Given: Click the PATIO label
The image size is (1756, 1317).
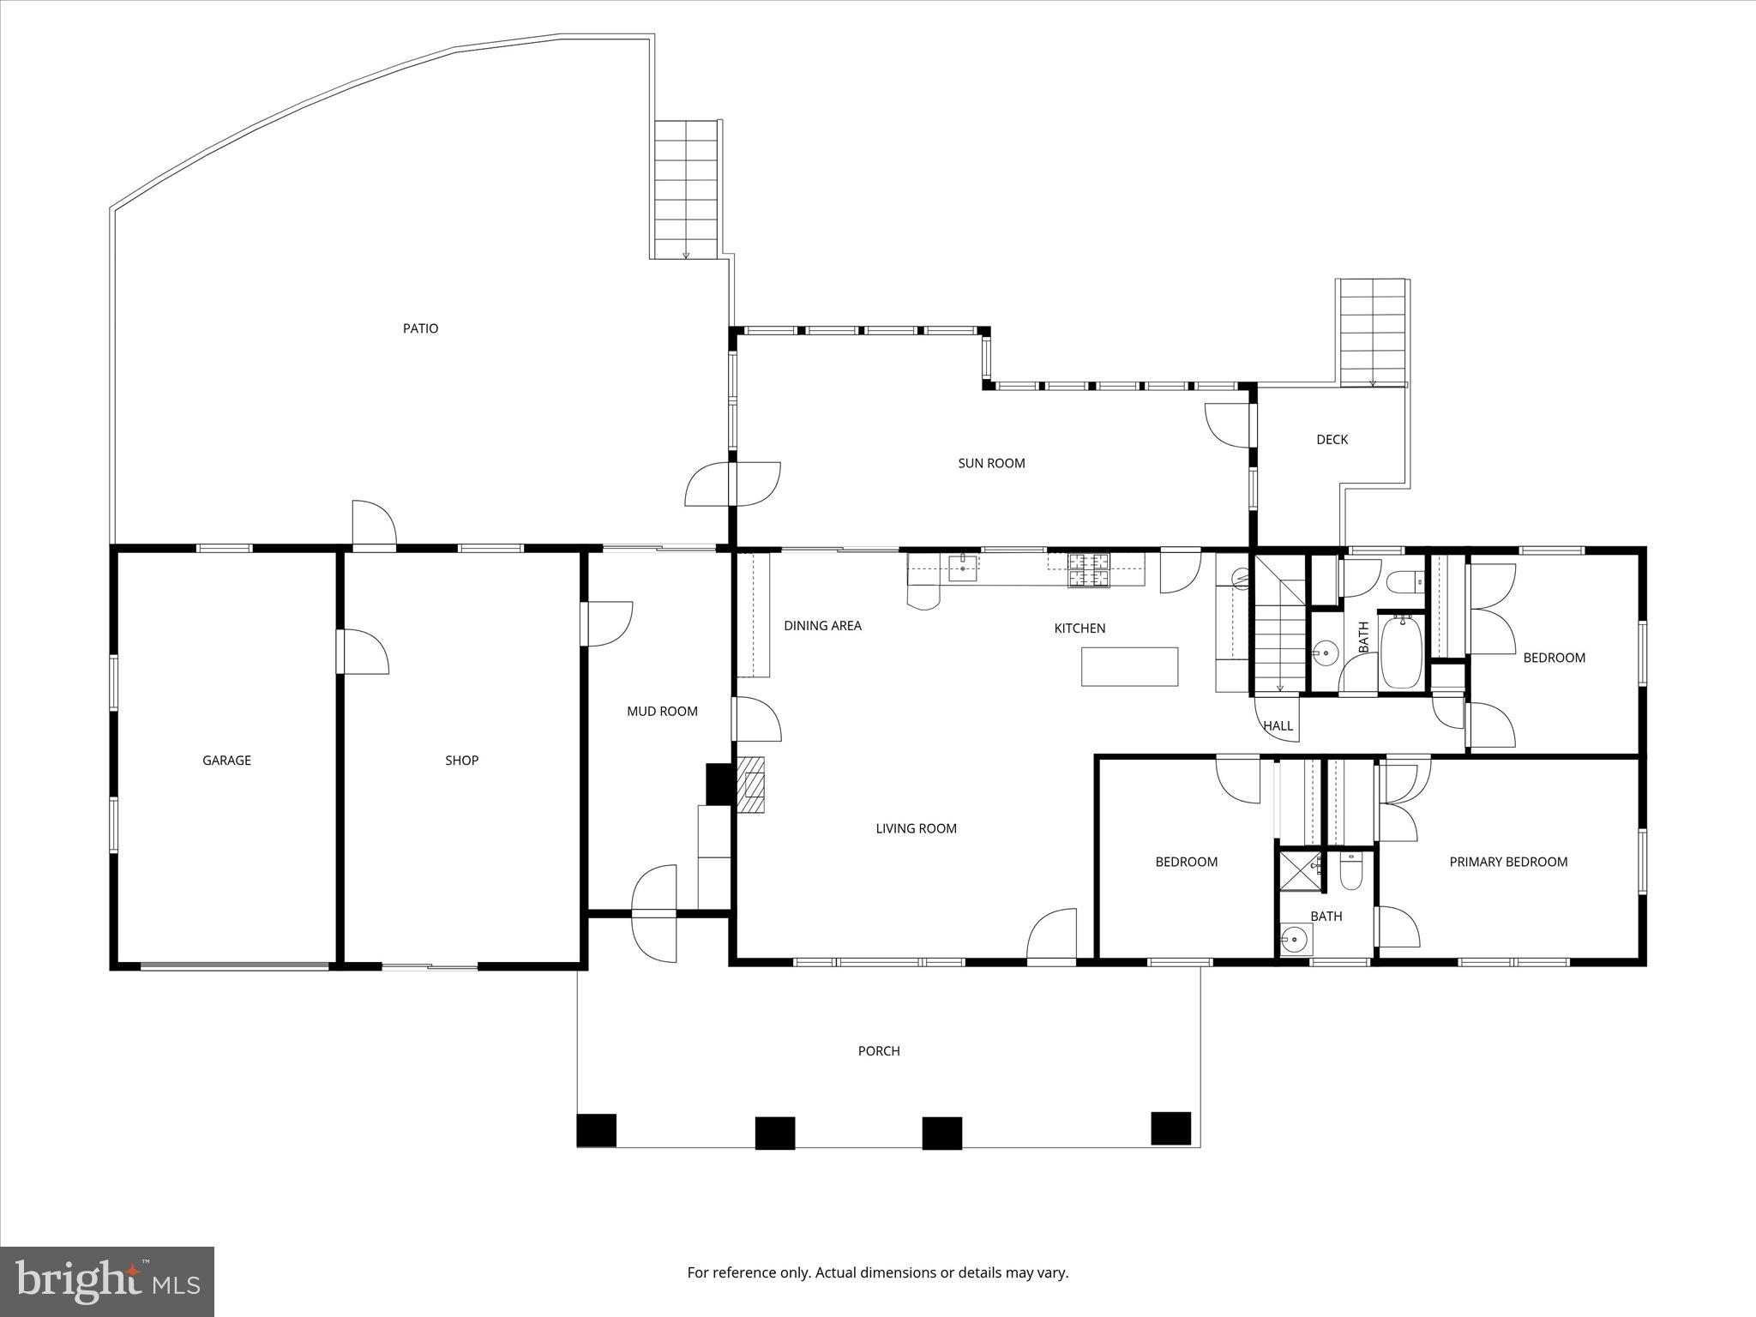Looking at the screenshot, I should click(420, 328).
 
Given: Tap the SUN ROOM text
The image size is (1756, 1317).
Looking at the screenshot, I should click(991, 463).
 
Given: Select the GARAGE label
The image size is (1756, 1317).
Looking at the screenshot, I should click(226, 760).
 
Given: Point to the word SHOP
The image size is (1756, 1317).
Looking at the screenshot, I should click(461, 760).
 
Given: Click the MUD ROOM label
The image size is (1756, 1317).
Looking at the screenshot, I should click(662, 711).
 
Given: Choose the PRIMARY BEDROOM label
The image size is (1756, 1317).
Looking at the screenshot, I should click(1508, 862).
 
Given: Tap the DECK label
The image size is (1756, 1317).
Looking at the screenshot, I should click(1332, 439).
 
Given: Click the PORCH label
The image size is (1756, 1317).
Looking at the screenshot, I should click(879, 1050).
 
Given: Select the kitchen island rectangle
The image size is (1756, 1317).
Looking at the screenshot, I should click(1129, 666).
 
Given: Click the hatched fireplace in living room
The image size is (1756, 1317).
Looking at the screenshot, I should click(752, 785).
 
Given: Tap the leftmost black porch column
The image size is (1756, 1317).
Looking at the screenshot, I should click(596, 1130).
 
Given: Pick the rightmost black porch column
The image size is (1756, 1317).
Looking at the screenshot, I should click(1170, 1128).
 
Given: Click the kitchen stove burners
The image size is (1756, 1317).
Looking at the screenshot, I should click(1088, 570).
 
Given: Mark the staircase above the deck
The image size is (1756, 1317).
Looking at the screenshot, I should click(1373, 333).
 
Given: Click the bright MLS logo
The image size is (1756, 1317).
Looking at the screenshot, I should click(107, 1281).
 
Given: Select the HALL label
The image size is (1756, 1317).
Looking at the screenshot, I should click(1278, 725).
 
